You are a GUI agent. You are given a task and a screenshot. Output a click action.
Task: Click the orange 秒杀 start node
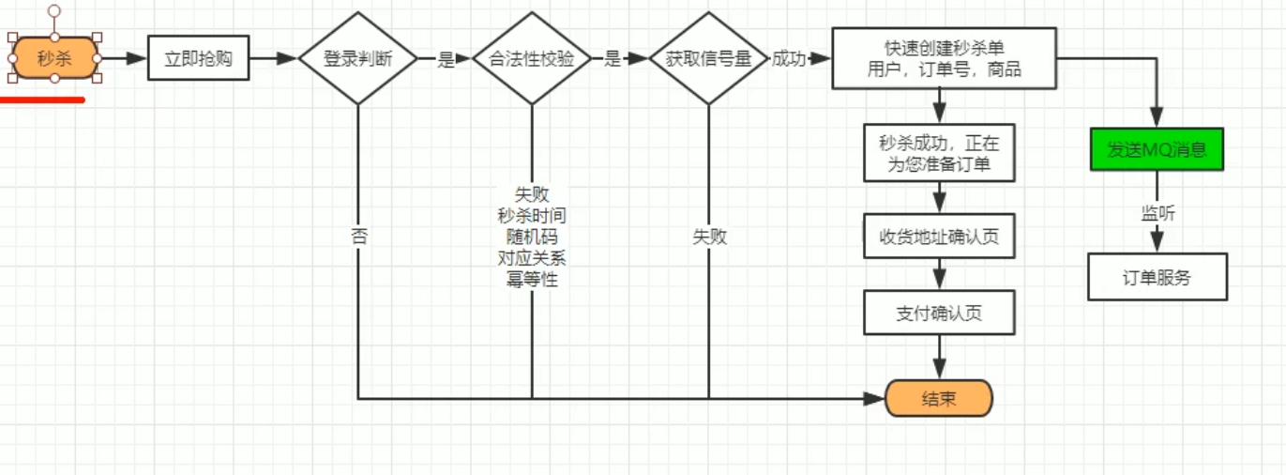pyautogui.click(x=54, y=58)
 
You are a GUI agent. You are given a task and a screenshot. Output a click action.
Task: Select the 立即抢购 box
pyautogui.click(x=198, y=58)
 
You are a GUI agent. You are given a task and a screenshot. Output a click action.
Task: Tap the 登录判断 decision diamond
pyautogui.click(x=357, y=58)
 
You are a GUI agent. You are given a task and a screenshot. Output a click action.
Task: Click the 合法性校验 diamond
pyautogui.click(x=532, y=58)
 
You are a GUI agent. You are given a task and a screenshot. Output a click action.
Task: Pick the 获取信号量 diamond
pyautogui.click(x=708, y=58)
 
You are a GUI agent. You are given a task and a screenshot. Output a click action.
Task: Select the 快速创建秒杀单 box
pyautogui.click(x=944, y=58)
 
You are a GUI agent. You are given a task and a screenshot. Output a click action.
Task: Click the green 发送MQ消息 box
pyautogui.click(x=1157, y=149)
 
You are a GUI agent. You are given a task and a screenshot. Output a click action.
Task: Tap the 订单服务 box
pyautogui.click(x=1157, y=277)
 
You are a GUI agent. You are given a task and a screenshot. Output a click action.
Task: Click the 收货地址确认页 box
pyautogui.click(x=939, y=237)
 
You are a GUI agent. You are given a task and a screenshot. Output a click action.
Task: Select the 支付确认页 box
pyautogui.click(x=939, y=313)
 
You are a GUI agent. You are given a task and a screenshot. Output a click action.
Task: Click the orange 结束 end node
pyautogui.click(x=938, y=399)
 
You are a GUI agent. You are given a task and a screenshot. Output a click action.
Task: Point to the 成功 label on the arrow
pyautogui.click(x=790, y=58)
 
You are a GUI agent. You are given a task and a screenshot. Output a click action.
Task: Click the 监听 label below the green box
pyautogui.click(x=1157, y=213)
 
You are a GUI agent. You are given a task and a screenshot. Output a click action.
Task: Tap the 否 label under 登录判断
pyautogui.click(x=358, y=237)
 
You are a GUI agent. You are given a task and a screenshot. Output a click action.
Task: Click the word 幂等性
pyautogui.click(x=532, y=279)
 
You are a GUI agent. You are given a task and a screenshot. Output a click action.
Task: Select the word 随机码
pyautogui.click(x=532, y=237)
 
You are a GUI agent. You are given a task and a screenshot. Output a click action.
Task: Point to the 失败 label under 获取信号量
pyautogui.click(x=709, y=237)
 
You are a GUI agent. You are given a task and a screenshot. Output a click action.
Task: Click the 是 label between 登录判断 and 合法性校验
pyautogui.click(x=446, y=59)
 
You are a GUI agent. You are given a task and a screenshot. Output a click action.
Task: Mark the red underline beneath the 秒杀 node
pyautogui.click(x=42, y=99)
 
